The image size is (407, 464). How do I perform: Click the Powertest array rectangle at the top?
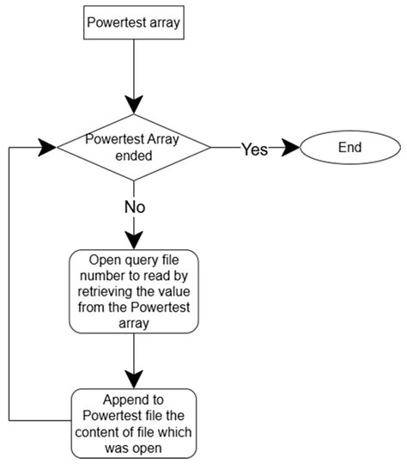(134, 22)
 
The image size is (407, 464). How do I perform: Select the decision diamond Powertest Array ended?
(134, 147)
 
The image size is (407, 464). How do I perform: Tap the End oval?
(350, 147)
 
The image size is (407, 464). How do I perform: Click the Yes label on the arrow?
(255, 149)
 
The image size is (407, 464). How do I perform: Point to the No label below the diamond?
(135, 207)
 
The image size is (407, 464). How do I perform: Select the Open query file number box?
(134, 291)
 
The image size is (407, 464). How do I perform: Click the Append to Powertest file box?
(134, 424)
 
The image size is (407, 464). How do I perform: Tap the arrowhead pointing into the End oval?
(290, 147)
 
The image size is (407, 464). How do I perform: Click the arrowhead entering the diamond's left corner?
(47, 147)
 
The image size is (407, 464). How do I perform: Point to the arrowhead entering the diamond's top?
(134, 105)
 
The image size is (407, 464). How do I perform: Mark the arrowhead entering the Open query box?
(134, 241)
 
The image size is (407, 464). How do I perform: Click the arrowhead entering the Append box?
(134, 380)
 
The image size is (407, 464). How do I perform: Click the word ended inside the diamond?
(134, 156)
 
